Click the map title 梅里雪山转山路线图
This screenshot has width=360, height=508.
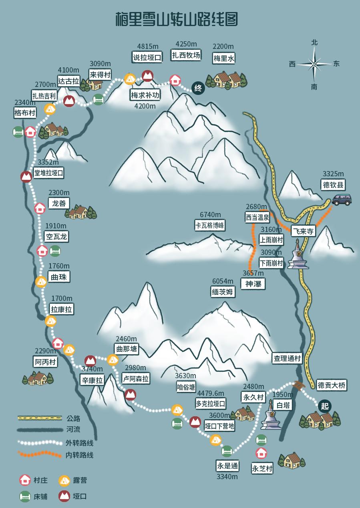177,19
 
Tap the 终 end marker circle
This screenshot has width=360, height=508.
198,88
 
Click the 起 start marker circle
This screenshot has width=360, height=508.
324,406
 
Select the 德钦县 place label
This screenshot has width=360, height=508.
333,185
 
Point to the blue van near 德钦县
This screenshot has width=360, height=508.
342,199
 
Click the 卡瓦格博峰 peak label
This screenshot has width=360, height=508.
210,226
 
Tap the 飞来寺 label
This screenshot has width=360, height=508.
303,231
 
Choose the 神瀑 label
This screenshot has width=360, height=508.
253,284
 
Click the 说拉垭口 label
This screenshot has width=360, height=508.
147,57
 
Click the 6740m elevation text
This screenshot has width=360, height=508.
210,215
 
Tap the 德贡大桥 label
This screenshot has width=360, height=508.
331,385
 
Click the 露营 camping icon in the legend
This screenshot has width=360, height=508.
64,480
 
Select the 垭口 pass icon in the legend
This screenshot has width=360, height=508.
64,496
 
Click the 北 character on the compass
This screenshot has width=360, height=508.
314,42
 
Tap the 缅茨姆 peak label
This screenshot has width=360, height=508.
222,292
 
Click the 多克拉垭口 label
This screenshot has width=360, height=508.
210,403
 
